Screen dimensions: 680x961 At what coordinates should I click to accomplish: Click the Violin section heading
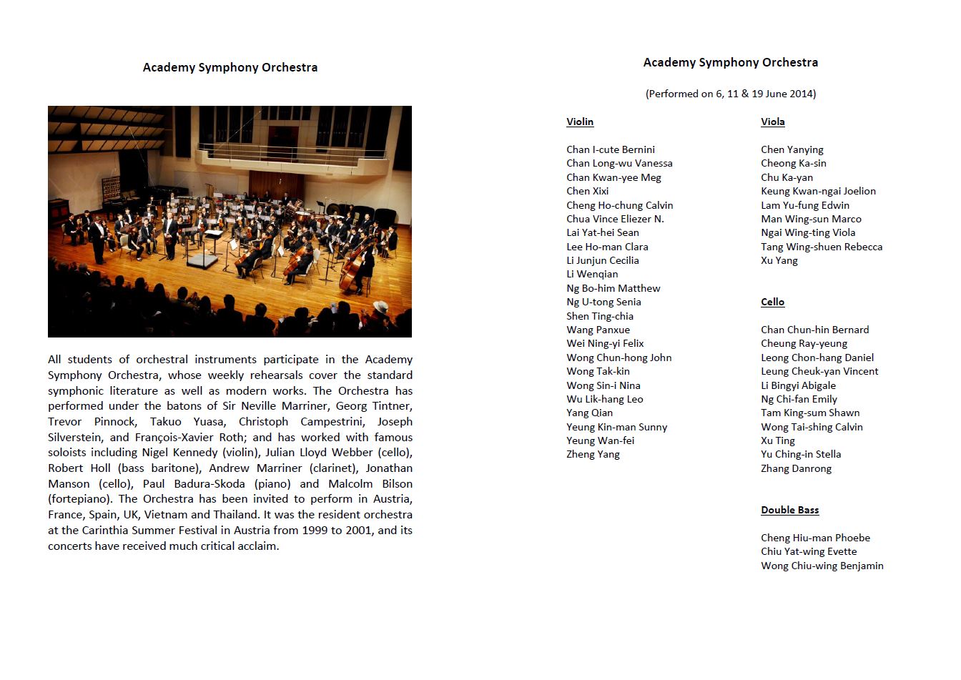pyautogui.click(x=580, y=122)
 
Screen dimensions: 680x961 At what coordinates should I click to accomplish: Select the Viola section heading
pyautogui.click(x=772, y=122)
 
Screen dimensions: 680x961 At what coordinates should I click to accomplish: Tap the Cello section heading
pyautogui.click(x=772, y=302)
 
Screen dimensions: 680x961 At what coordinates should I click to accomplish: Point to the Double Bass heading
pyautogui.click(x=789, y=510)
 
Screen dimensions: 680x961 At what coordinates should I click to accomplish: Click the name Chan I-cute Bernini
pyautogui.click(x=610, y=149)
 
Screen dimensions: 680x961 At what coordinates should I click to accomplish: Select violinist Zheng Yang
pyautogui.click(x=593, y=454)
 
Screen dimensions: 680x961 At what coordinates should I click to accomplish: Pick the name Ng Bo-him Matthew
pyautogui.click(x=613, y=288)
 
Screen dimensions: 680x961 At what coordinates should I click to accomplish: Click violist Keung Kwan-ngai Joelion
pyautogui.click(x=818, y=191)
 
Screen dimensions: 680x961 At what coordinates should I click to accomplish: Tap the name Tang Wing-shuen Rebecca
pyautogui.click(x=822, y=247)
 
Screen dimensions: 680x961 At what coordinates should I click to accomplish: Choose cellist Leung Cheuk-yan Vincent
pyautogui.click(x=819, y=371)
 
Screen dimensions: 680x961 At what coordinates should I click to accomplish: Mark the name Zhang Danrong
pyautogui.click(x=796, y=468)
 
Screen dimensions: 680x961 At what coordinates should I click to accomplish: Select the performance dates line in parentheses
pyautogui.click(x=730, y=94)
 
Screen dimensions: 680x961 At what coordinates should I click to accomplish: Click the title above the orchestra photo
pyautogui.click(x=230, y=67)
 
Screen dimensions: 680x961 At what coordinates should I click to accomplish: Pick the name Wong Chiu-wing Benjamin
pyautogui.click(x=822, y=566)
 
